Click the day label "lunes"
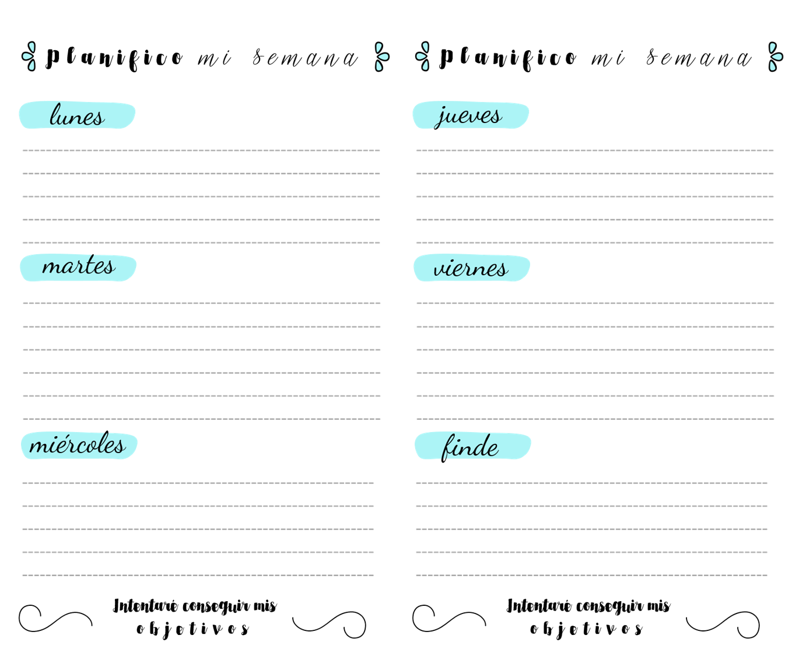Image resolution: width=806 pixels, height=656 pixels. click(x=77, y=115)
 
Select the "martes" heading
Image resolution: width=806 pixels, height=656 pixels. click(x=79, y=265)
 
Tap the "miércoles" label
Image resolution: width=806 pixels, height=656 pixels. click(x=78, y=443)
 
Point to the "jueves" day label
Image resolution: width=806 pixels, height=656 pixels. click(x=468, y=117)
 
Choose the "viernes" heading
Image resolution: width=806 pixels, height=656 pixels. click(x=471, y=268)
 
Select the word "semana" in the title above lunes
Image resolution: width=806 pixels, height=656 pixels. click(x=305, y=58)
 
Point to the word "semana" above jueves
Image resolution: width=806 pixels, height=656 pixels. click(x=699, y=58)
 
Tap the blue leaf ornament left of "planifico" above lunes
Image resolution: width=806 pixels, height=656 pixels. click(x=29, y=57)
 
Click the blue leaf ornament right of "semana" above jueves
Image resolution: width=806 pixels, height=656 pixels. click(x=775, y=57)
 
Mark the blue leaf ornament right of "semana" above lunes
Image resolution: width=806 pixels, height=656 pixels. click(x=382, y=57)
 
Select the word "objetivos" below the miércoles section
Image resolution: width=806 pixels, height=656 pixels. click(x=193, y=629)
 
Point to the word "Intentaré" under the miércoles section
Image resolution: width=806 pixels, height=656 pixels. click(x=145, y=606)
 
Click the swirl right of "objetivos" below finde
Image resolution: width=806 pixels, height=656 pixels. click(x=723, y=625)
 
